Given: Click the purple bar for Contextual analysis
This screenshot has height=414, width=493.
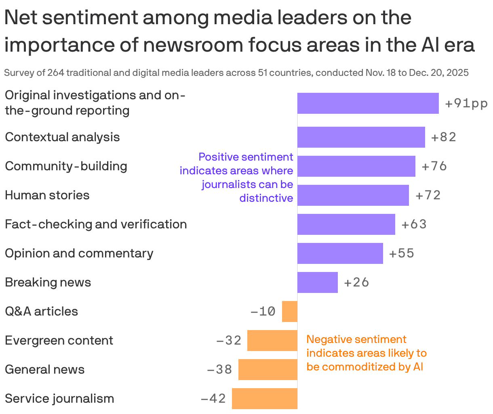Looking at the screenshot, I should (361, 137).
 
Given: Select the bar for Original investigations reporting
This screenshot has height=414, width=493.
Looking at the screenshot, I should (368, 103).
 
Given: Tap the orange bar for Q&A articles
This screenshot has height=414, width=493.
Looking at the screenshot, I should (289, 312).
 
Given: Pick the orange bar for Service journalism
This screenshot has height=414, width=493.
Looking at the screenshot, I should (264, 399).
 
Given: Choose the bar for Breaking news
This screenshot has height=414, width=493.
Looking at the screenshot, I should (317, 282).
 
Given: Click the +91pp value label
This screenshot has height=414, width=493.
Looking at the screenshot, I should (466, 104).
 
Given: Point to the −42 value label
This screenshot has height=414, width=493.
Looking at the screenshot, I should (213, 399).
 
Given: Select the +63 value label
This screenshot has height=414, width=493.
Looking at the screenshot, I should (414, 224).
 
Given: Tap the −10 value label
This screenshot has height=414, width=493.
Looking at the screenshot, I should (263, 312).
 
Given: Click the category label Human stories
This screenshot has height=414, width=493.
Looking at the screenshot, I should (47, 195).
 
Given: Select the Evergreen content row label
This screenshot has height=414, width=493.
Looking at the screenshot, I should (59, 341).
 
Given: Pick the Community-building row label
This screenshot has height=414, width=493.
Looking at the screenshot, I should (66, 166).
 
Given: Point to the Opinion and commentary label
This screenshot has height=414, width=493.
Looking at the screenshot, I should (79, 253).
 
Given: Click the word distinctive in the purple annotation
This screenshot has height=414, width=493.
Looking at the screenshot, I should (266, 198).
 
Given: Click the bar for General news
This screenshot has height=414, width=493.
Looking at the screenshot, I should (268, 370).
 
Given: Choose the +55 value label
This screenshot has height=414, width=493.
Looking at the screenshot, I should (401, 253).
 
